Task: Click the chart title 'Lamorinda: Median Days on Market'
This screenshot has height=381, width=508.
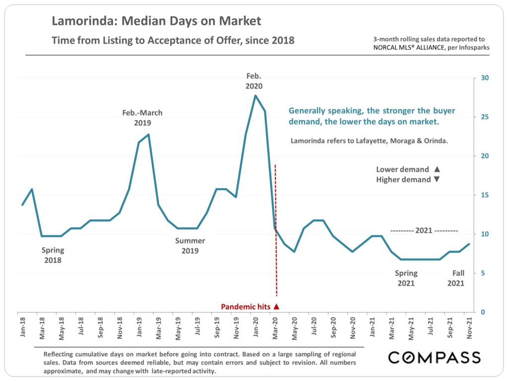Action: tap(156, 21)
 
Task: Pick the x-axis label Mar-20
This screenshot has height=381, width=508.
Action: tap(275, 328)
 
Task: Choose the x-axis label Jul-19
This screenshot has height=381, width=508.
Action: tap(197, 328)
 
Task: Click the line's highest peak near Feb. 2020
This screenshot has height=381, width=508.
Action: tap(255, 95)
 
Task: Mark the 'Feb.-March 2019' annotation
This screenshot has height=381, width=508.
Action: tap(142, 118)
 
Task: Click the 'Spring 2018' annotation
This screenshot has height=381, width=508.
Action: tap(53, 255)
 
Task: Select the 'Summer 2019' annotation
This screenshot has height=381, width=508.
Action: tap(190, 246)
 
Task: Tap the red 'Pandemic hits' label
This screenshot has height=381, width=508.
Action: tap(245, 307)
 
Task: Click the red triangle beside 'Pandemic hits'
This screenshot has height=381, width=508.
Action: tap(276, 307)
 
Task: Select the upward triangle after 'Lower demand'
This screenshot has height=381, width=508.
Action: tap(437, 169)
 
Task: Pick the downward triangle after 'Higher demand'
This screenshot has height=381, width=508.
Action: tap(437, 180)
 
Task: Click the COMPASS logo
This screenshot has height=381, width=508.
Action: tap(434, 357)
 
